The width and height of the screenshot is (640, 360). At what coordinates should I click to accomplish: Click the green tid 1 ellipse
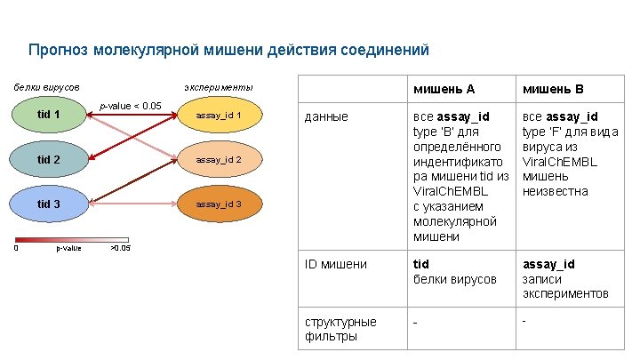click(x=49, y=115)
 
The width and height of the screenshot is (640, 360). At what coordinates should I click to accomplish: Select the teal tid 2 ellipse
click(x=49, y=160)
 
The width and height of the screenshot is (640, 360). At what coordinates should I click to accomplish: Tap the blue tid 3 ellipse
click(x=49, y=204)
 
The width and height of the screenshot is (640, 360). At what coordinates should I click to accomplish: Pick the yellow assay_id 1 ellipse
click(x=219, y=116)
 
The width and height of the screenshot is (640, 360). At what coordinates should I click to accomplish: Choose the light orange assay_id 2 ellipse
click(x=219, y=160)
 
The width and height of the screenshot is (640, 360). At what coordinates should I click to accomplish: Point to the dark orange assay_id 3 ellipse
click(x=219, y=204)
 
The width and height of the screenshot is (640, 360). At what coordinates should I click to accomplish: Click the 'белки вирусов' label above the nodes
click(x=46, y=87)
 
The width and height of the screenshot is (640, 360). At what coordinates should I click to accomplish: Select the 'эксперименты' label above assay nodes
click(x=218, y=87)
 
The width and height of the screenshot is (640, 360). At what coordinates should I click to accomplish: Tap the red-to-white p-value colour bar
click(x=72, y=239)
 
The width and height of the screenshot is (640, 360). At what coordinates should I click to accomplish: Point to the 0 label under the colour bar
click(x=16, y=248)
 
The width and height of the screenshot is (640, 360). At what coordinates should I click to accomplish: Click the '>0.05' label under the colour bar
click(x=119, y=248)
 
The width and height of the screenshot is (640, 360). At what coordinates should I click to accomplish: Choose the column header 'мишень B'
click(x=553, y=89)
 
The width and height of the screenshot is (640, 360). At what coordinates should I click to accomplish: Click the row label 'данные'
click(x=326, y=116)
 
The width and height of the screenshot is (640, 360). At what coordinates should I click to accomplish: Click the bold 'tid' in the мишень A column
click(x=420, y=264)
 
